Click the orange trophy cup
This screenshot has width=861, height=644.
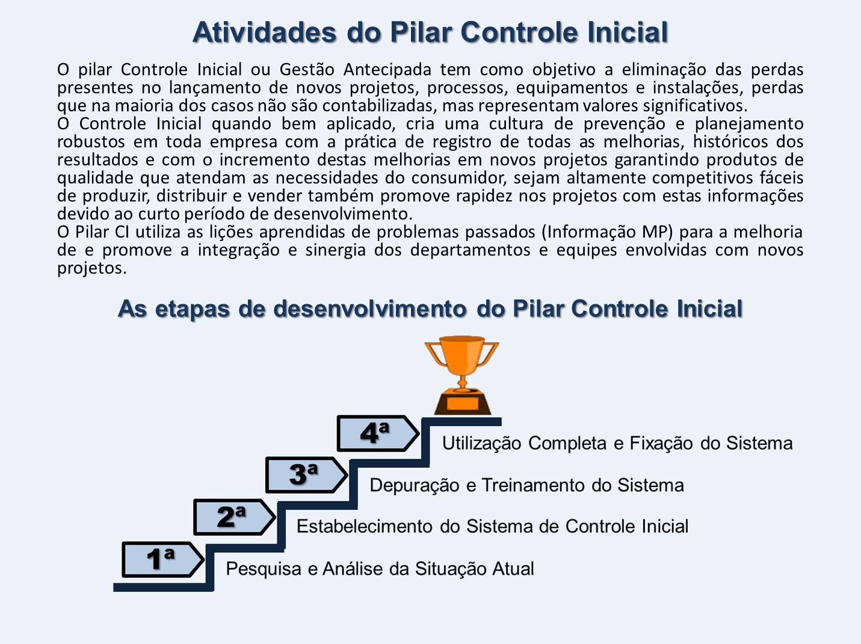(x=461, y=361)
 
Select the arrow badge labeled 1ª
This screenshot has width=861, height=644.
(x=163, y=560)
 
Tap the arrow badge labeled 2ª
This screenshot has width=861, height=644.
(x=235, y=517)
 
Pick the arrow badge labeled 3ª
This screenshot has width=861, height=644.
(x=307, y=475)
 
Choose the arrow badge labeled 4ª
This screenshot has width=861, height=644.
(x=378, y=434)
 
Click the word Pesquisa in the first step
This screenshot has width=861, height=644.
(x=263, y=569)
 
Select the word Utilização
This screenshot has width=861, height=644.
(x=482, y=444)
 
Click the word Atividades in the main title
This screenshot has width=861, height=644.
(x=264, y=32)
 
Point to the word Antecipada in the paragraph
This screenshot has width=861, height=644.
(x=387, y=70)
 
